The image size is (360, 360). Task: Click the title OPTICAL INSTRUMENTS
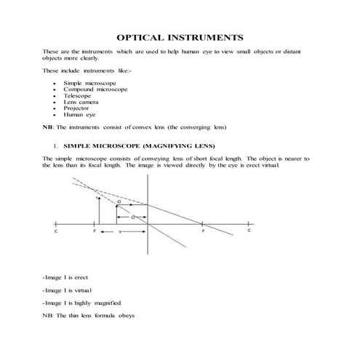tap(180, 37)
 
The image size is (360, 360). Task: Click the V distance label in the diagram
tap(120, 233)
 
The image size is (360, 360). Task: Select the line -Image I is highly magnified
tap(82, 302)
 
